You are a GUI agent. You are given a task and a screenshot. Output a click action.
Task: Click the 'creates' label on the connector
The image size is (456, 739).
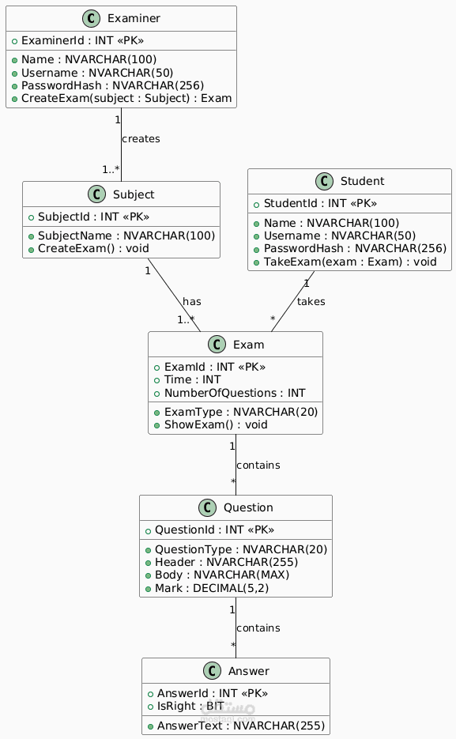click(141, 139)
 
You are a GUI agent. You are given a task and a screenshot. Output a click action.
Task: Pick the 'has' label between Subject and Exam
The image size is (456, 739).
click(191, 302)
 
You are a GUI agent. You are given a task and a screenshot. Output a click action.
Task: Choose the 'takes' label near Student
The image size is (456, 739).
click(311, 301)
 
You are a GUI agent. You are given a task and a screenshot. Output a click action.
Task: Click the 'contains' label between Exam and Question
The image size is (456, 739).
click(258, 465)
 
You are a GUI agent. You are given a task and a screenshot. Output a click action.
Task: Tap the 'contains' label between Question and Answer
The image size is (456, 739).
click(258, 628)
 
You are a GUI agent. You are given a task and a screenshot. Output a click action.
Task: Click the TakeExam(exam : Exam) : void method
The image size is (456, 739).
click(350, 261)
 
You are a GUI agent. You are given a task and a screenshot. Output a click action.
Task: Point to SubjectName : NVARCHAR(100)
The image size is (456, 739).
click(121, 236)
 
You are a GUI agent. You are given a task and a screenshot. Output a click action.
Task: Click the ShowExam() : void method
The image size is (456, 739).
click(210, 424)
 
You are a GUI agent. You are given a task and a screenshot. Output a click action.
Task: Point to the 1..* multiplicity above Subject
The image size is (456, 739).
click(111, 169)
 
